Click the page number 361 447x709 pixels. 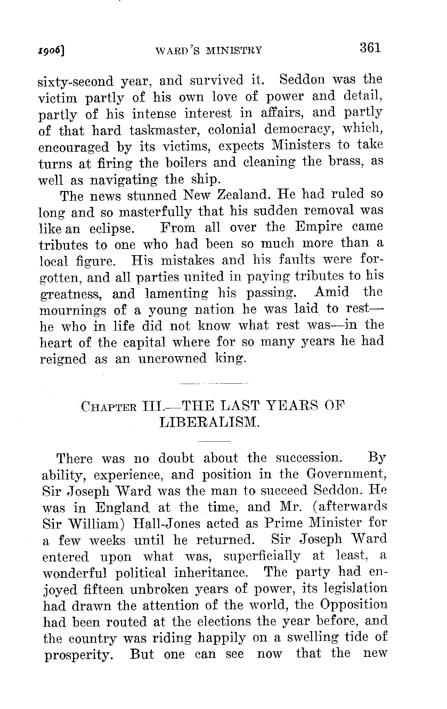tap(371, 48)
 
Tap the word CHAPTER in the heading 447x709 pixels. tap(108, 407)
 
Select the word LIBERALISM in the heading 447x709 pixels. tap(209, 422)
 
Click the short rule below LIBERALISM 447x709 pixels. tap(214, 441)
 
